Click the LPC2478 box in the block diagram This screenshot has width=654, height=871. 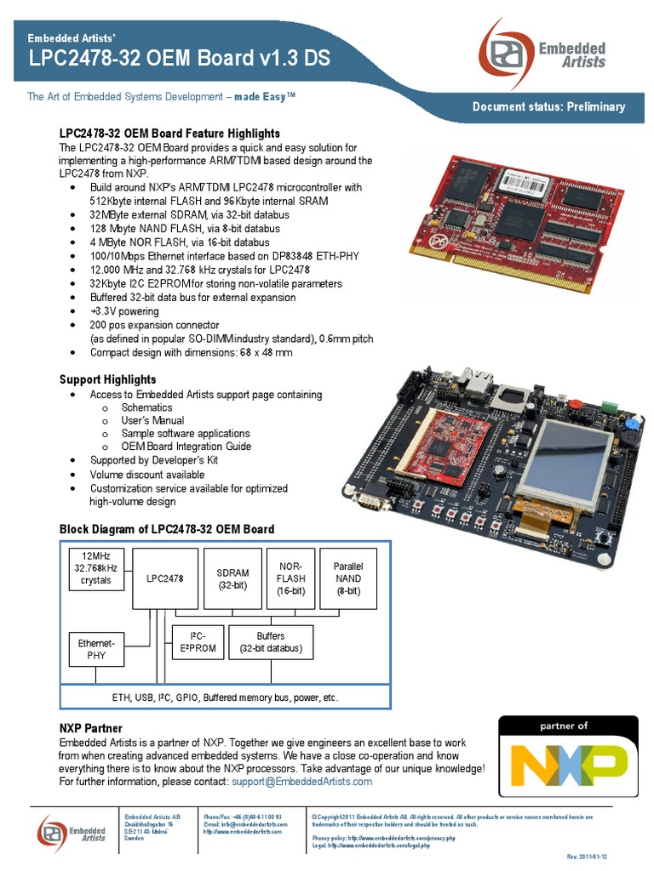click(165, 578)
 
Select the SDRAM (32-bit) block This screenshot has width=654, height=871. click(233, 578)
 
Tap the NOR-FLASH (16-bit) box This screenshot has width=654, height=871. click(291, 578)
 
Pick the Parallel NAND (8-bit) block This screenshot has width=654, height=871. click(347, 578)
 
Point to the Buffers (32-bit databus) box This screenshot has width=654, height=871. click(271, 642)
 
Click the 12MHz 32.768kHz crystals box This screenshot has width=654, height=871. click(96, 568)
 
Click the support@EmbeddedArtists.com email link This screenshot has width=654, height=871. click(301, 782)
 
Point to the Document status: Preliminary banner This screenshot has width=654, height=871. click(548, 106)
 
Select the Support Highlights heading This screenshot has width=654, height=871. click(107, 379)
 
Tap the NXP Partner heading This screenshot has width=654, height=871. click(90, 729)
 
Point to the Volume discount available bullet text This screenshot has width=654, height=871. click(147, 475)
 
